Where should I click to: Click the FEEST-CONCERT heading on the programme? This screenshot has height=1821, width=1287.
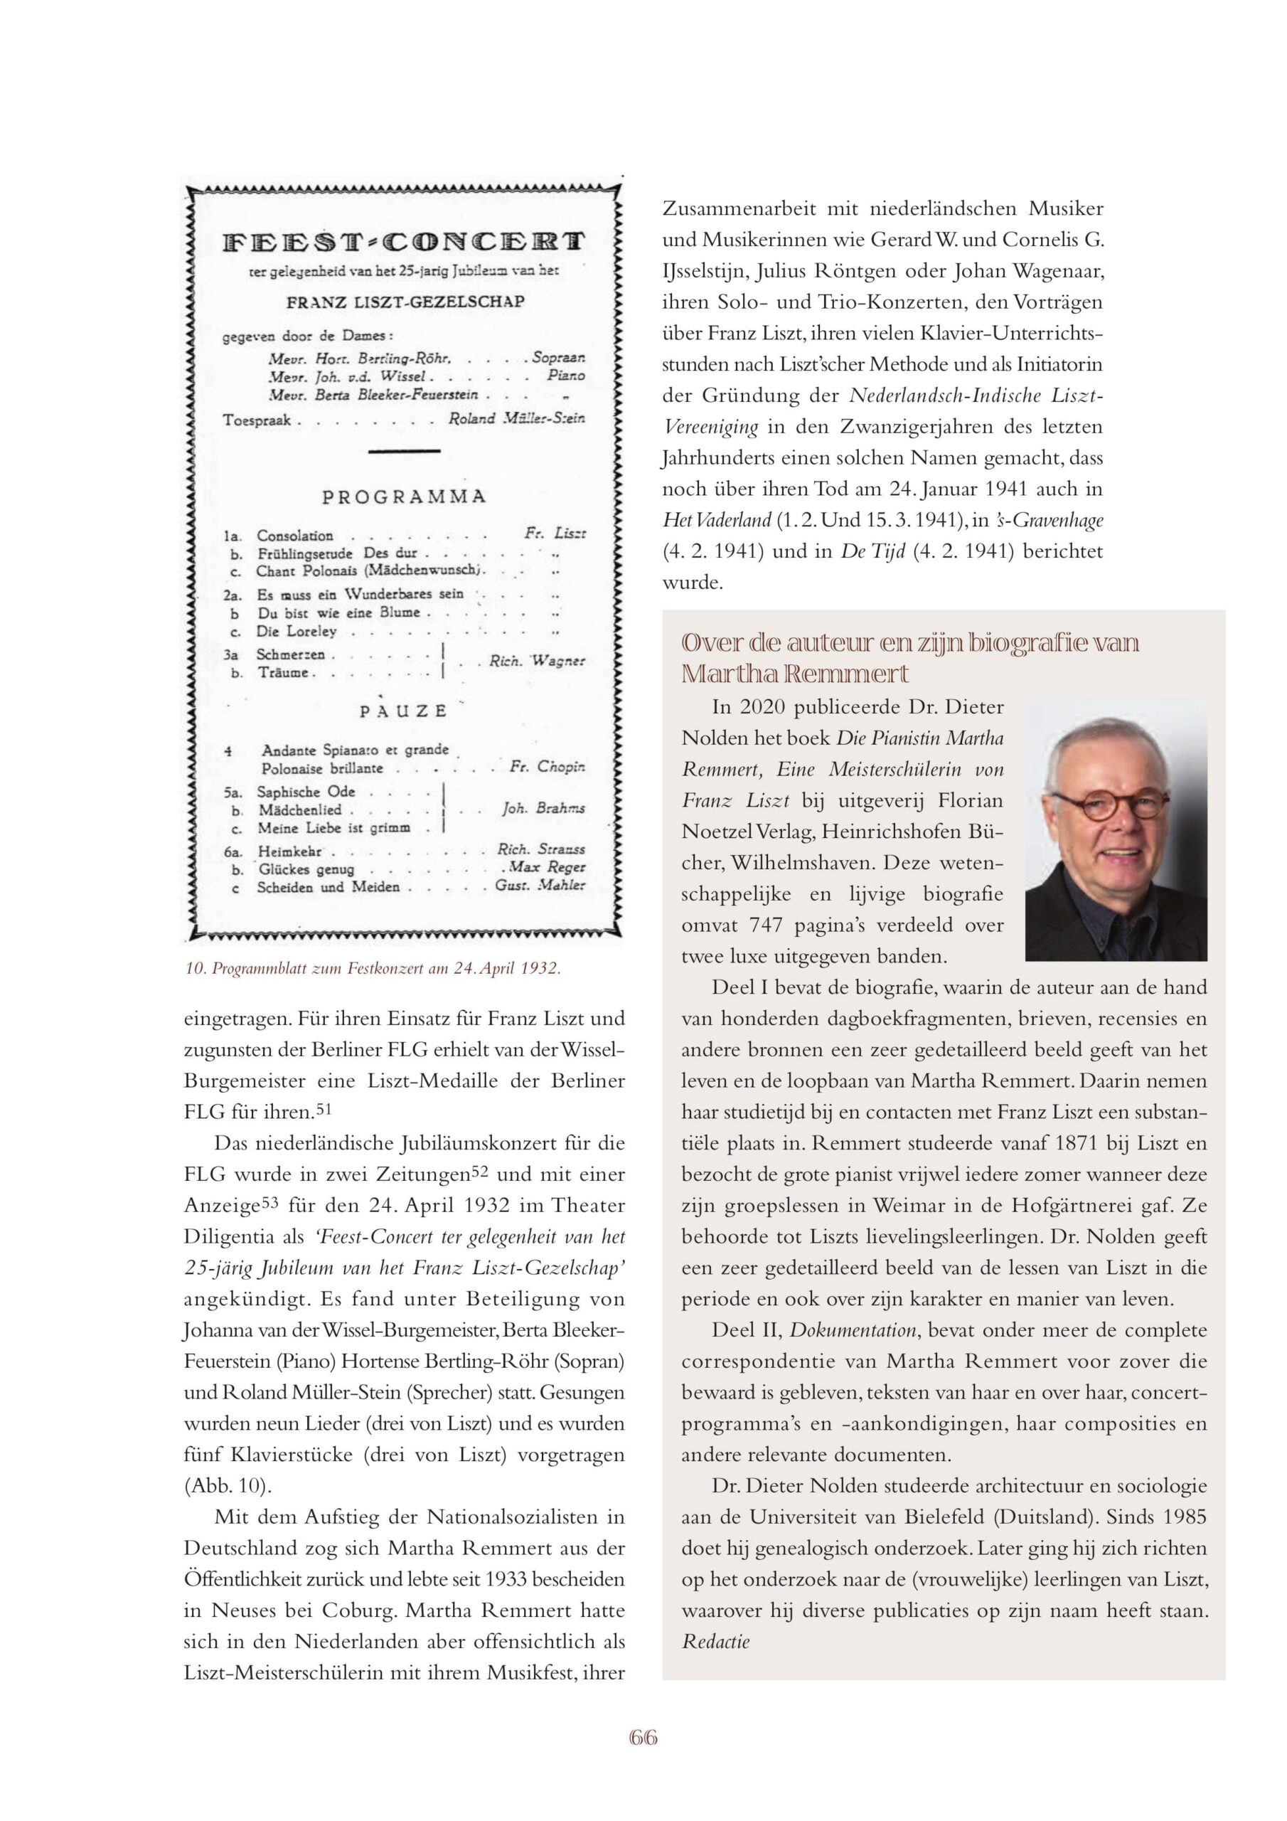pyautogui.click(x=404, y=241)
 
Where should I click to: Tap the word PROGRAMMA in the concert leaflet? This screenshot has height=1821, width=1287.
pyautogui.click(x=404, y=497)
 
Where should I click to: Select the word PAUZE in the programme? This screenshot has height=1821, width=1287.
pyautogui.click(x=404, y=711)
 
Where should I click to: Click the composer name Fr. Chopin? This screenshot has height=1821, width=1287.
pyautogui.click(x=548, y=767)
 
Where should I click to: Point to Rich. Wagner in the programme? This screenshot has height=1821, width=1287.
pyautogui.click(x=537, y=661)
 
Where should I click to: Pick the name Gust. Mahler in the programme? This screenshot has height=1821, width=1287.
pyautogui.click(x=540, y=885)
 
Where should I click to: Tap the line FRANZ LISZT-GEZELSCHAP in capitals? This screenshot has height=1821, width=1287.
pyautogui.click(x=405, y=302)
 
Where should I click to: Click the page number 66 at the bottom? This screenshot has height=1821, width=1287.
pyautogui.click(x=643, y=1738)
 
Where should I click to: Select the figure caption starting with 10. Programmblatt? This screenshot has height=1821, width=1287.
pyautogui.click(x=373, y=968)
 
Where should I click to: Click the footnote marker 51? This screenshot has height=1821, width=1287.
pyautogui.click(x=323, y=1109)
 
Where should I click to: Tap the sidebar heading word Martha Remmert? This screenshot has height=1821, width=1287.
pyautogui.click(x=794, y=674)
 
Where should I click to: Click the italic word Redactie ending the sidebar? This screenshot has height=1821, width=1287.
pyautogui.click(x=715, y=1641)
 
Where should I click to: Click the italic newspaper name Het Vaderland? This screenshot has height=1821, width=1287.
pyautogui.click(x=717, y=520)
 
